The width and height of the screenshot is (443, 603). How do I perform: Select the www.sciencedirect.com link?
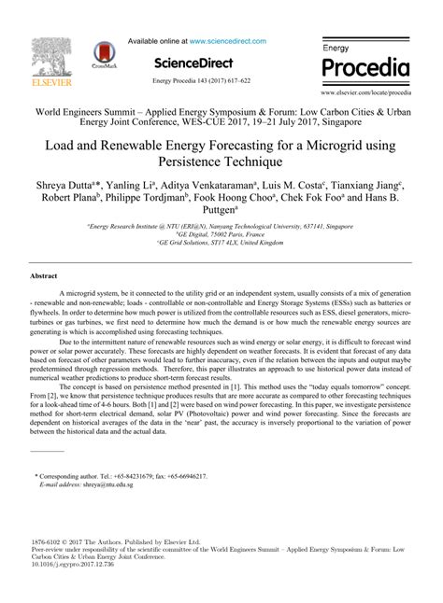point(227,41)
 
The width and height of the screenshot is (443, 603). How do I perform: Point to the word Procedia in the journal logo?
point(365,69)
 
